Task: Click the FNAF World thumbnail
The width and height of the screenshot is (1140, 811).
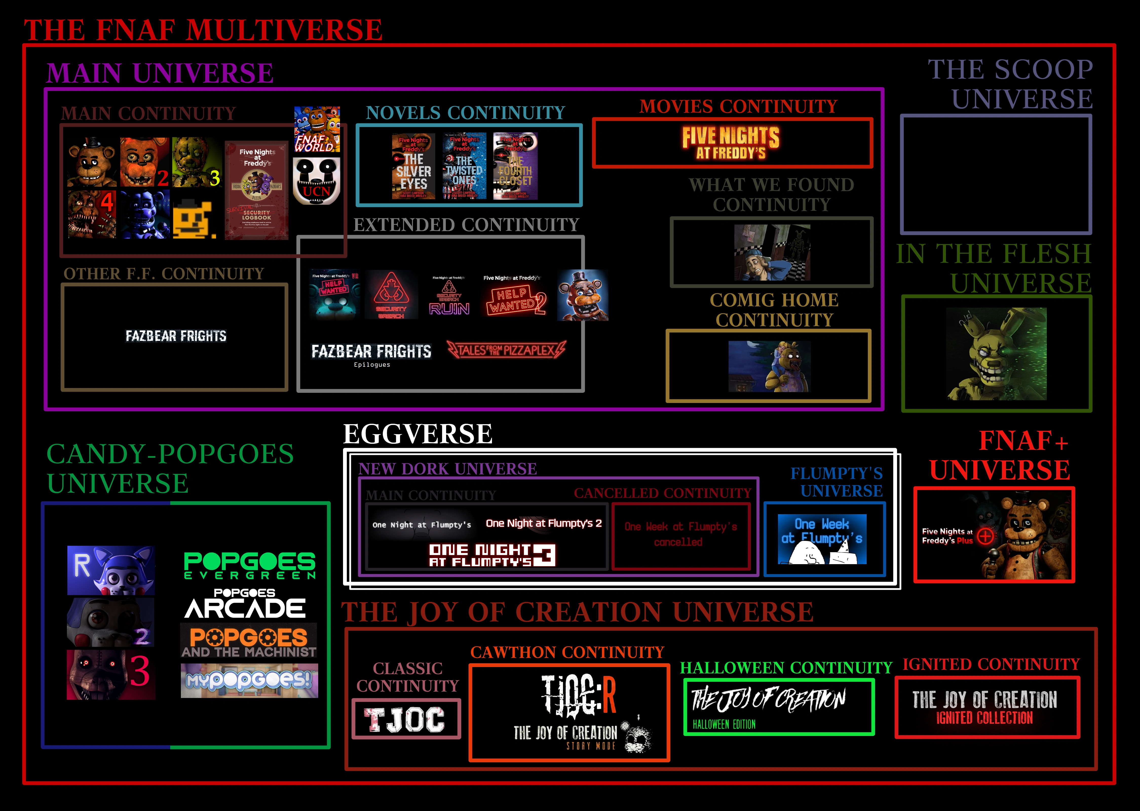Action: pos(317,129)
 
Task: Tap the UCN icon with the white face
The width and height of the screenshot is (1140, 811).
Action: pos(316,181)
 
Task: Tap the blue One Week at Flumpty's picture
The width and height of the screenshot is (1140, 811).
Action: pos(822,539)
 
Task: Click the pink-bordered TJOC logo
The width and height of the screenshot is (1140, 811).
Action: pos(406,719)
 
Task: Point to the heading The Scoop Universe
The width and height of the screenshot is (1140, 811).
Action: pos(1010,84)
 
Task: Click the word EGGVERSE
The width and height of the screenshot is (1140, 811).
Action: pos(417,433)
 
